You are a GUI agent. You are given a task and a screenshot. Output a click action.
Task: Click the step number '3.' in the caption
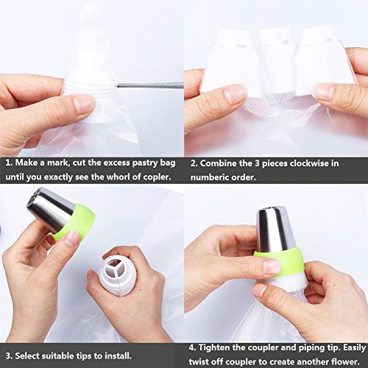pos(9,356)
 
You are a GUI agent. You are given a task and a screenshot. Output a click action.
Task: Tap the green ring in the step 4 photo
pos(280,260)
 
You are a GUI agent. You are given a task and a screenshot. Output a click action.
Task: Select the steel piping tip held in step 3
pos(49,208)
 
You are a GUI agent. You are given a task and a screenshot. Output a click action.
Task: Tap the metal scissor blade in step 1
pos(150,85)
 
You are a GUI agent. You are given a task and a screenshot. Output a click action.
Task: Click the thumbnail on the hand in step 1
pos(83,104)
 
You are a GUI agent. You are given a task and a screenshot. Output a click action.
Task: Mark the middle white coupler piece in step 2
pos(277,61)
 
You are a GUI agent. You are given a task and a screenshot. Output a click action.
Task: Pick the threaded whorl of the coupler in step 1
pos(91,89)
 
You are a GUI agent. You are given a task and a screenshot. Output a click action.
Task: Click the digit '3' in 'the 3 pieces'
pos(257,163)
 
